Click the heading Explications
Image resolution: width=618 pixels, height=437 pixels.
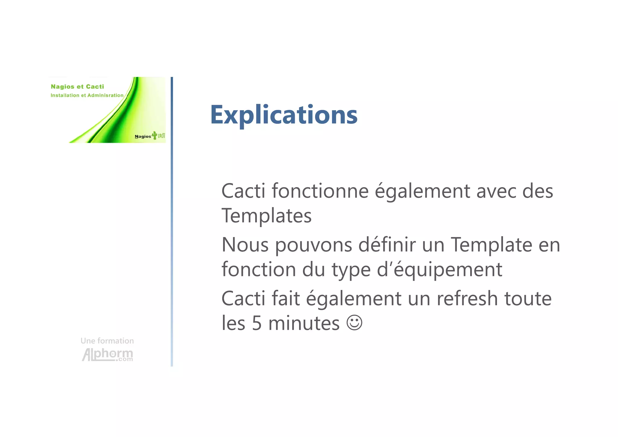tap(284, 115)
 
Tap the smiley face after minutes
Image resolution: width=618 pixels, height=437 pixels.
tap(354, 323)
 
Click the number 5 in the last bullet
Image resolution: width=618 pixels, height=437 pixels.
tap(256, 323)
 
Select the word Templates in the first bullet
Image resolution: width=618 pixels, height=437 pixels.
tap(266, 216)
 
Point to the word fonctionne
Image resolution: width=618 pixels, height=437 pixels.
tap(320, 191)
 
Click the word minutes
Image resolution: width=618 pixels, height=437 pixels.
tap(304, 323)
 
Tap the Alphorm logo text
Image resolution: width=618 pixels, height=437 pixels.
tap(107, 354)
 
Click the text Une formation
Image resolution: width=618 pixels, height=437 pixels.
tap(107, 341)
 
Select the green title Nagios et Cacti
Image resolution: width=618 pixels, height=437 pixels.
tap(77, 87)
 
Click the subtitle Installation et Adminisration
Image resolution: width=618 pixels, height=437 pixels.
tap(87, 95)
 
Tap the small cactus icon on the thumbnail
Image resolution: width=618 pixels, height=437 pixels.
tap(154, 135)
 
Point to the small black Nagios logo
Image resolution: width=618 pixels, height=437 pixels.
tap(143, 137)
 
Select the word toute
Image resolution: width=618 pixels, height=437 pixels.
tap(528, 299)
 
